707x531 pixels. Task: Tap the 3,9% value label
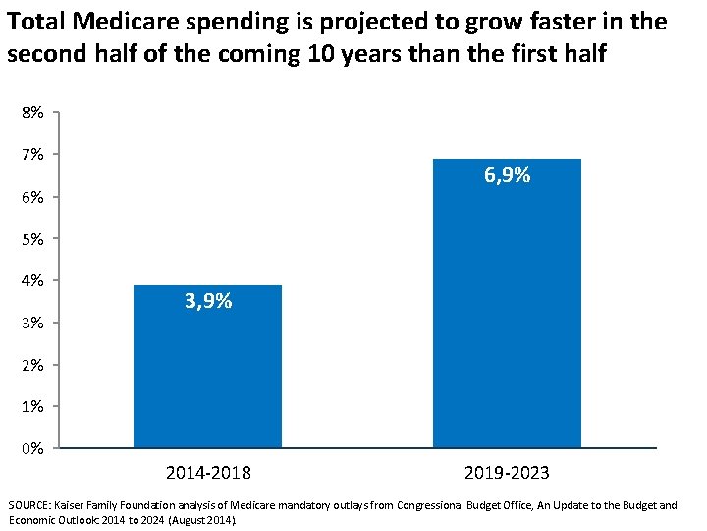click(x=208, y=301)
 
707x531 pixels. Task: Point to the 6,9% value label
click(x=507, y=176)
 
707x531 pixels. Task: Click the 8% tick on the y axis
click(x=32, y=113)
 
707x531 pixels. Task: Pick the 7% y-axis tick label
click(x=32, y=155)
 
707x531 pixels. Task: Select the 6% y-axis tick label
click(x=32, y=198)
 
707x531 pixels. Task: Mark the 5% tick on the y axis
click(x=32, y=239)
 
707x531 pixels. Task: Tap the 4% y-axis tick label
click(x=32, y=281)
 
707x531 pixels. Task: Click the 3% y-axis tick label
click(x=32, y=324)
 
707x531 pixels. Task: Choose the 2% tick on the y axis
click(x=32, y=366)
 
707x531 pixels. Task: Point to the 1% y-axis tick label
click(x=32, y=407)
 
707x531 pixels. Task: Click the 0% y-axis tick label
click(x=32, y=449)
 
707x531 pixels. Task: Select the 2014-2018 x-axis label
click(x=208, y=473)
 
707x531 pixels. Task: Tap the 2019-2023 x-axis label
click(x=507, y=473)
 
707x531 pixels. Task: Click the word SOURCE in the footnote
click(x=30, y=505)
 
